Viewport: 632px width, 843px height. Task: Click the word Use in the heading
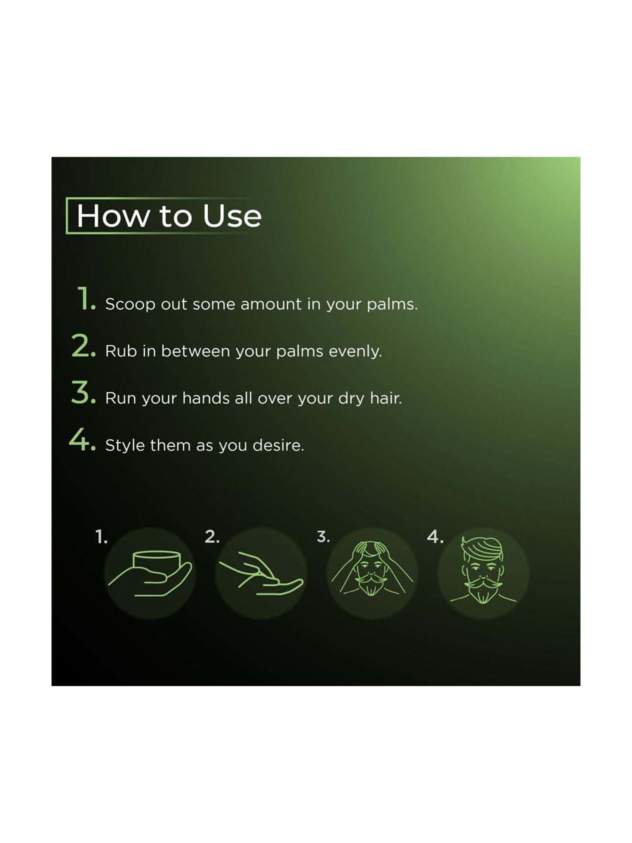(232, 216)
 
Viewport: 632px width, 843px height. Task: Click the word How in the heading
(112, 216)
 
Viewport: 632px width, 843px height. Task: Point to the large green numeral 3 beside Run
(81, 393)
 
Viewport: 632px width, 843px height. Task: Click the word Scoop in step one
(130, 304)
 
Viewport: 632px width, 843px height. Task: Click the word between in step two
(195, 351)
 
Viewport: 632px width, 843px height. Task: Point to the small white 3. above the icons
(323, 537)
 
